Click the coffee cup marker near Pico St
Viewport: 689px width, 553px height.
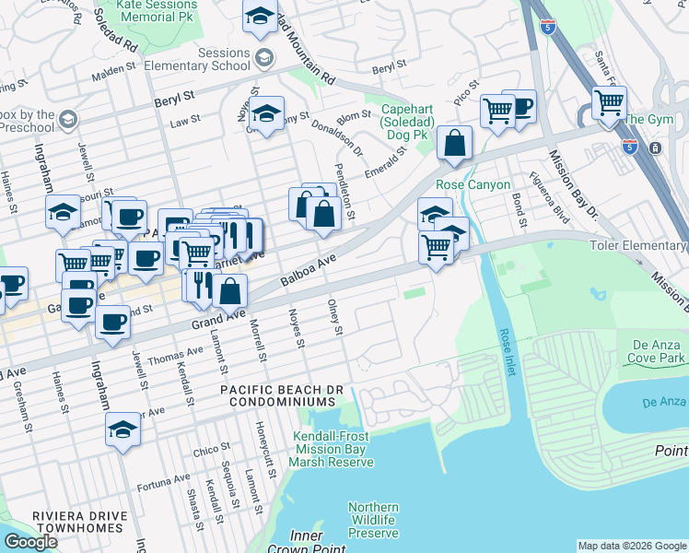pyautogui.click(x=520, y=106)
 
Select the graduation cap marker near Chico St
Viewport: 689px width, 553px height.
pyautogui.click(x=123, y=430)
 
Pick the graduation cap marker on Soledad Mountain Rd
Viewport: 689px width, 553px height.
pyautogui.click(x=260, y=15)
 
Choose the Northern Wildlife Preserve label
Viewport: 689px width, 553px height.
pyautogui.click(x=373, y=520)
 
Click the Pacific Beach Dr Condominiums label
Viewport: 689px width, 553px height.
pyautogui.click(x=281, y=396)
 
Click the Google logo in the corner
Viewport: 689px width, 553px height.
pyautogui.click(x=30, y=542)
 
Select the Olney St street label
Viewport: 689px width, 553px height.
pyautogui.click(x=337, y=317)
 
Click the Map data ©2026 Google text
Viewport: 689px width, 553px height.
pyautogui.click(x=631, y=546)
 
